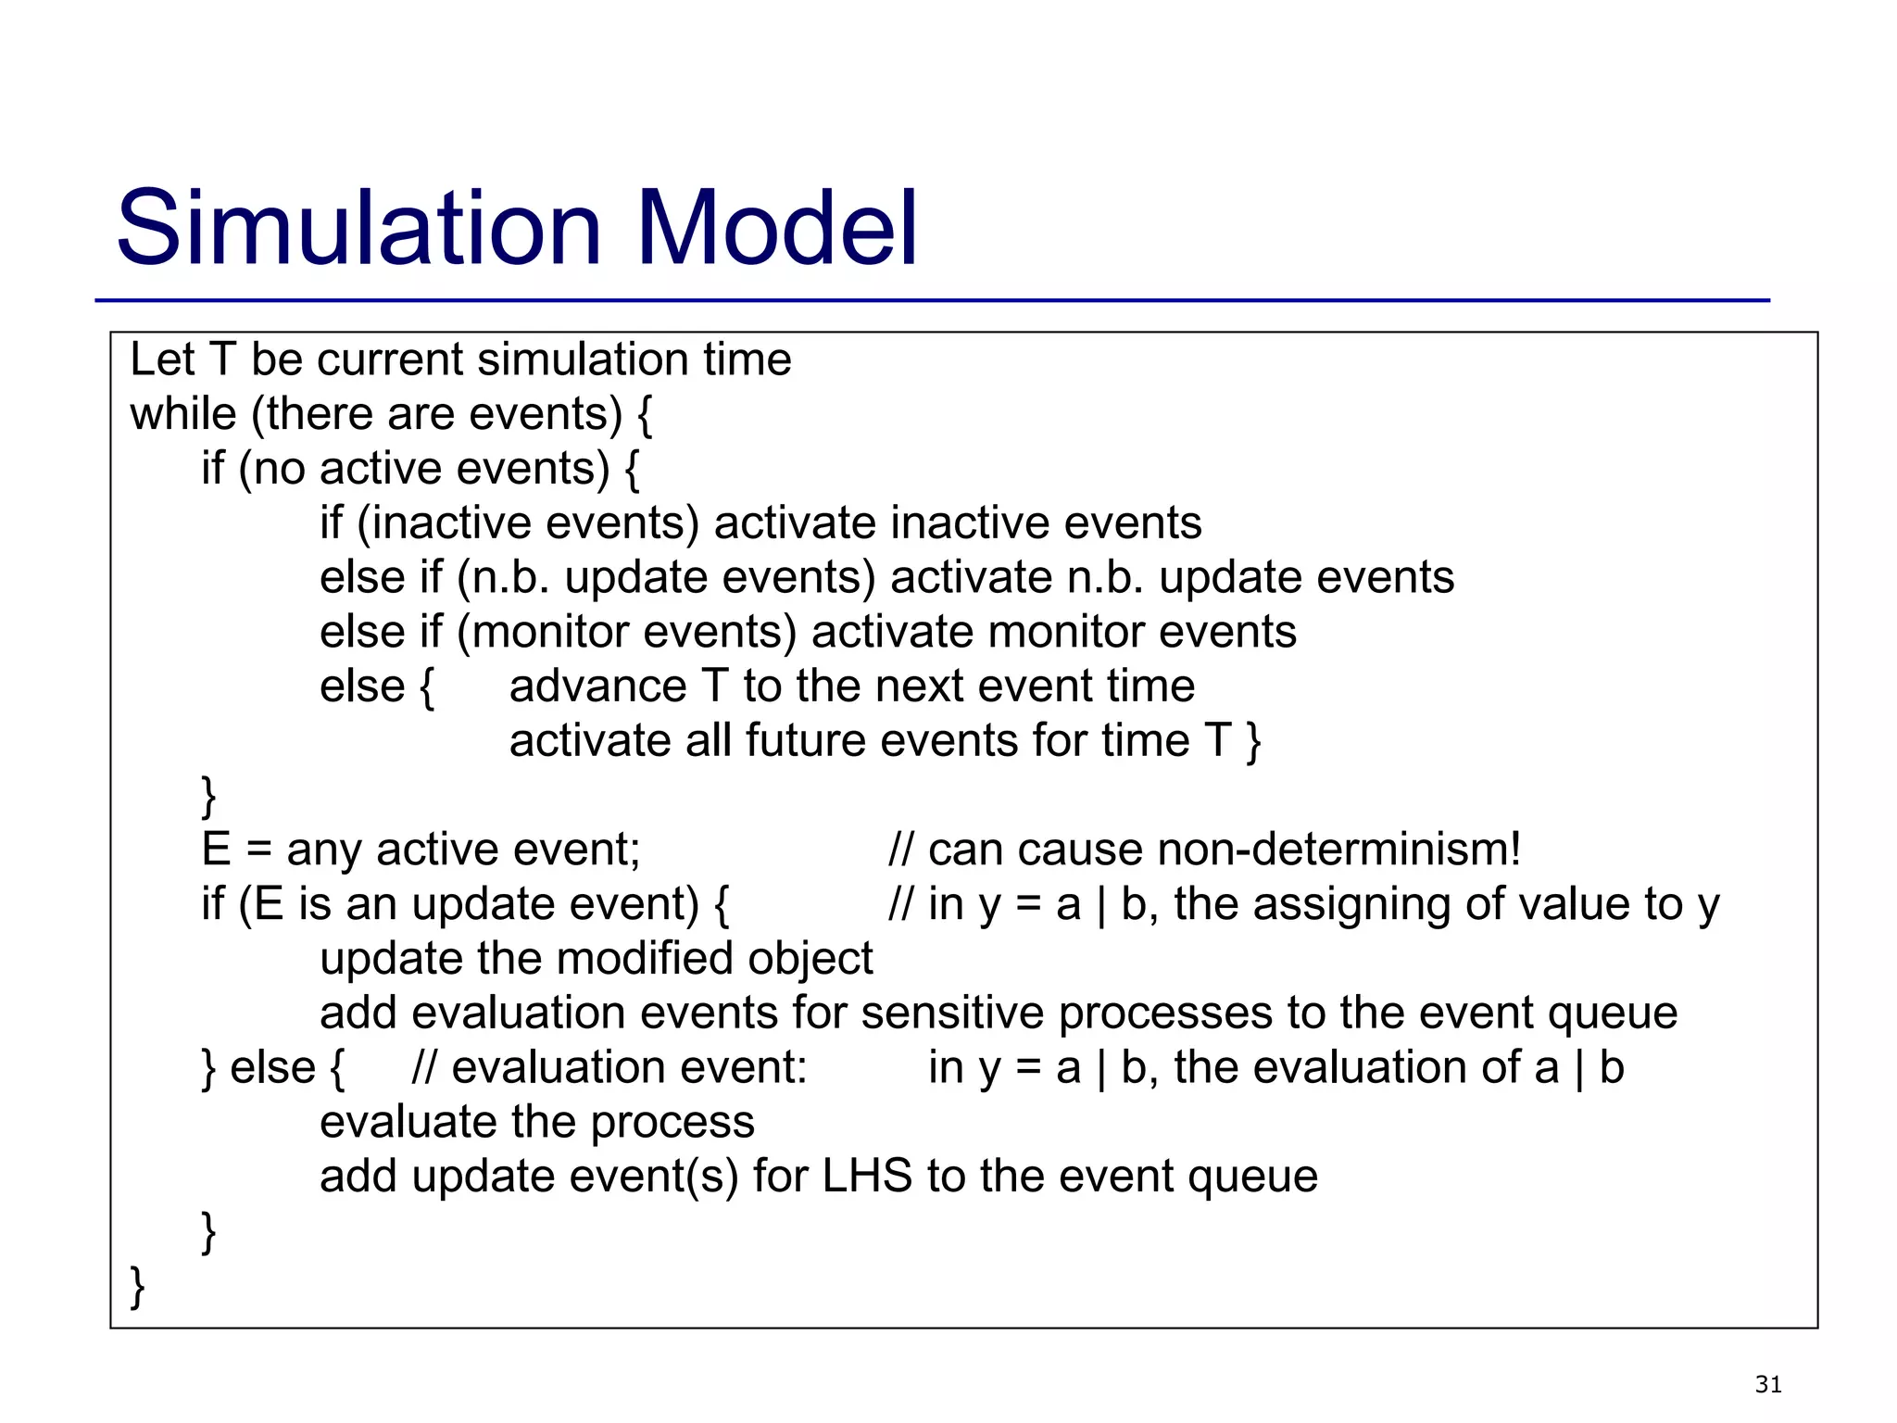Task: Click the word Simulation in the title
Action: [359, 228]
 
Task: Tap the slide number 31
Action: [1767, 1384]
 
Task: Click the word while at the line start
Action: [182, 414]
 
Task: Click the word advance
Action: [597, 686]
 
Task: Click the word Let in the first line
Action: [161, 359]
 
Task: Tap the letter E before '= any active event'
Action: [215, 850]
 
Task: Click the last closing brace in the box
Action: [137, 1287]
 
